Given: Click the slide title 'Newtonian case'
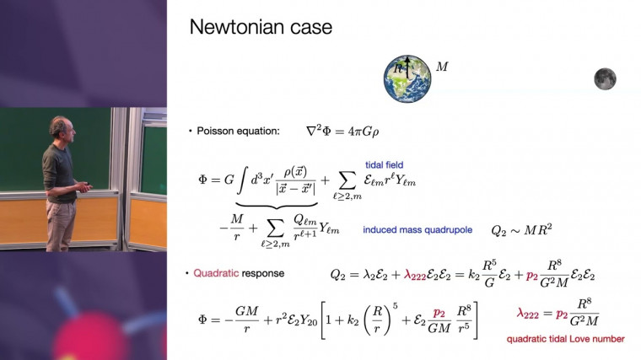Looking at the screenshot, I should click(261, 27).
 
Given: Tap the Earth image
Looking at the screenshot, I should click(408, 78).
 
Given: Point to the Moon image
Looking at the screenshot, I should click(604, 79).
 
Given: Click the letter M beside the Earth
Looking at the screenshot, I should click(442, 65).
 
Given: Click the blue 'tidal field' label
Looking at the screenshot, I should click(381, 164).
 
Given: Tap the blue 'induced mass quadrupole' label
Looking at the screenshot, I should click(417, 229).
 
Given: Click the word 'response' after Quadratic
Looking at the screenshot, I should click(264, 274).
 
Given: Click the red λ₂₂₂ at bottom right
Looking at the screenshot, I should click(529, 312).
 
